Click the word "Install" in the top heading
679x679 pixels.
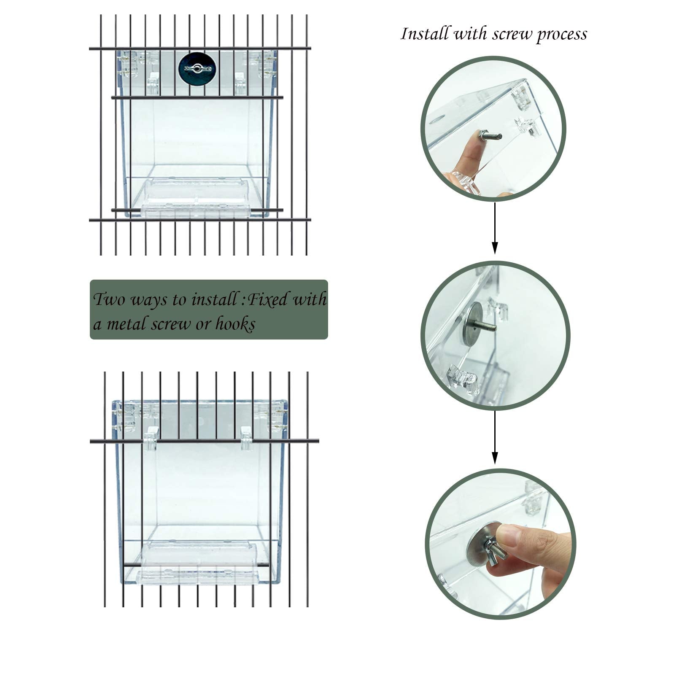click(425, 34)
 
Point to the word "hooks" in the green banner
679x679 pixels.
click(235, 324)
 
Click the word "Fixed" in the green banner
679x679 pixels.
click(268, 299)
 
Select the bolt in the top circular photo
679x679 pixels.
click(489, 136)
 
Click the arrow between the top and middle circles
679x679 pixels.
click(495, 228)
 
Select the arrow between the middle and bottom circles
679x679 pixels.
click(495, 437)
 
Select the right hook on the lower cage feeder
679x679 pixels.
click(246, 436)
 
